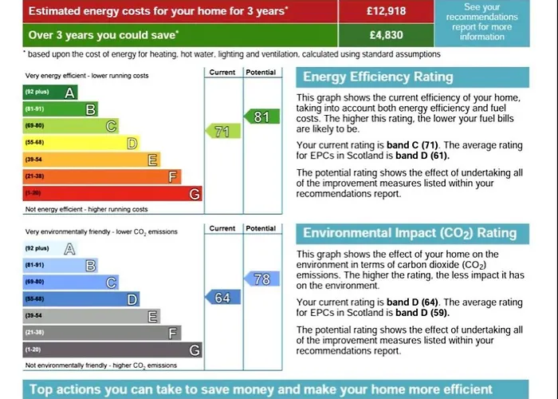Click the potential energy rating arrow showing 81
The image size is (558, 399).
(x=261, y=117)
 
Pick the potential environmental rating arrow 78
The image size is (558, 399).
(x=261, y=279)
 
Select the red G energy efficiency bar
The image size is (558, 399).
(x=112, y=194)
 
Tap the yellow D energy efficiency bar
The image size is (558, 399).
(x=80, y=143)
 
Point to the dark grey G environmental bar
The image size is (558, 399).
(x=112, y=350)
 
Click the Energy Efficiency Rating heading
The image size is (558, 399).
(x=378, y=77)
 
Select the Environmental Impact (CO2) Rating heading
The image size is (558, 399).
(x=410, y=234)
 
